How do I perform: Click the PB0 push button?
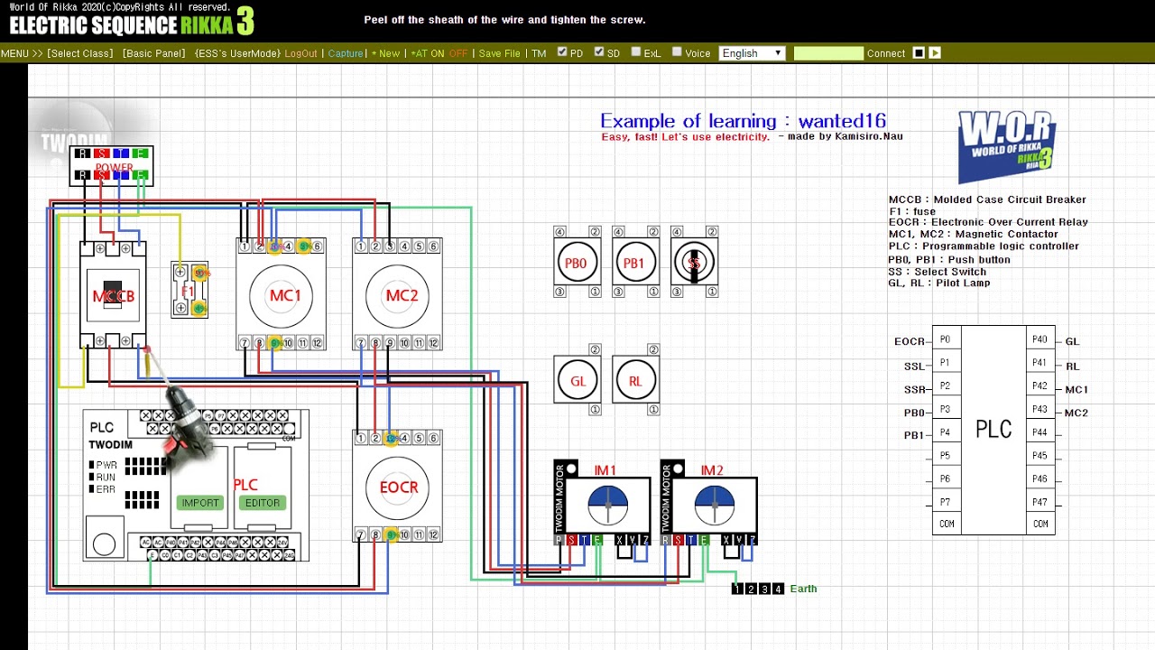pyautogui.click(x=576, y=263)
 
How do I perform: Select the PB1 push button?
pyautogui.click(x=634, y=263)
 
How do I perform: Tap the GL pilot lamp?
pyautogui.click(x=577, y=381)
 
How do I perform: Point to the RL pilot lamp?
pyautogui.click(x=635, y=381)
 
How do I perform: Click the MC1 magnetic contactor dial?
pyautogui.click(x=282, y=295)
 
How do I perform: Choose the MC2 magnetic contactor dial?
pyautogui.click(x=398, y=295)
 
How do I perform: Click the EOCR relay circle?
pyautogui.click(x=398, y=487)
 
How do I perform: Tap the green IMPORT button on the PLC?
pyautogui.click(x=200, y=503)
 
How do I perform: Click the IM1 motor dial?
pyautogui.click(x=607, y=505)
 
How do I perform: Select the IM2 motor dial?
pyautogui.click(x=714, y=505)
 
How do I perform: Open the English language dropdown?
pyautogui.click(x=752, y=53)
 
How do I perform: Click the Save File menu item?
pyautogui.click(x=499, y=53)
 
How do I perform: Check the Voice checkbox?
pyautogui.click(x=678, y=52)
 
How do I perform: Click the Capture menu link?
pyautogui.click(x=346, y=53)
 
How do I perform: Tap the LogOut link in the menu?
pyautogui.click(x=300, y=53)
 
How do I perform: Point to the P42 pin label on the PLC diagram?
pyautogui.click(x=1039, y=386)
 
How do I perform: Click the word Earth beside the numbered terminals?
pyautogui.click(x=803, y=589)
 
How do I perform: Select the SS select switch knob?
pyautogui.click(x=694, y=263)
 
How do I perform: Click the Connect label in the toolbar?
pyautogui.click(x=886, y=53)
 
